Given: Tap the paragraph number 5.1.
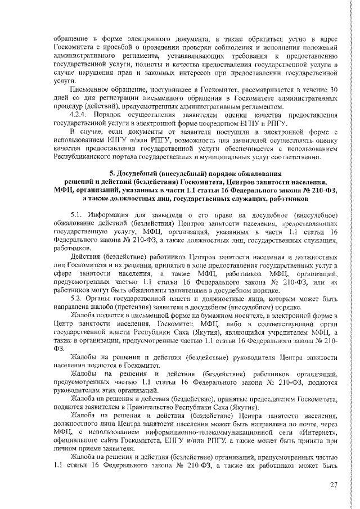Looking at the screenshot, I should pos(78,215).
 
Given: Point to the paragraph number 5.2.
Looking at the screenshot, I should pos(78,298).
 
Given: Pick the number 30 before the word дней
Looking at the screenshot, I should pos(332,90).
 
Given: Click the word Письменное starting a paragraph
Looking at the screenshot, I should pos(89,90).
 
